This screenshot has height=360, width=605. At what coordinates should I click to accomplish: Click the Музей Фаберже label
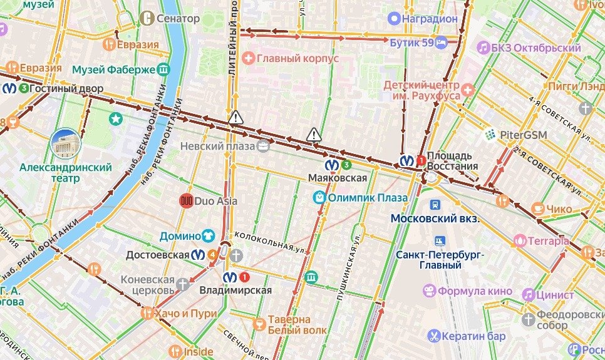coord(113,69)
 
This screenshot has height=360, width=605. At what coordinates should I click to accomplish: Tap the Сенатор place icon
coord(148,18)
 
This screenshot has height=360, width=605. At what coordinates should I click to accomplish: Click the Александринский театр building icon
coord(66,144)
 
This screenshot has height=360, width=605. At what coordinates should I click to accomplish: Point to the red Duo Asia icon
coord(186,201)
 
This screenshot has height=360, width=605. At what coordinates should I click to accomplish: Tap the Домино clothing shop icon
coord(208,236)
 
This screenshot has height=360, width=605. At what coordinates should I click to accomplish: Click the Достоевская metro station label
coord(158,255)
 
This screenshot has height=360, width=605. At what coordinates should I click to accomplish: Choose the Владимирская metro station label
coord(235,290)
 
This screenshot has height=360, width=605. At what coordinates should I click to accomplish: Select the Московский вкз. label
coord(435,219)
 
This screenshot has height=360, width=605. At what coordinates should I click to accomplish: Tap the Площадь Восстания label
coord(452,161)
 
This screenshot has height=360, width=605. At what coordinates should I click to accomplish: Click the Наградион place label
coord(430,19)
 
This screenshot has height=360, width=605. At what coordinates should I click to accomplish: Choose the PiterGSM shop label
coord(515,135)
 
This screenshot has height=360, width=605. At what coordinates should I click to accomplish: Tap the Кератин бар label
coord(473,336)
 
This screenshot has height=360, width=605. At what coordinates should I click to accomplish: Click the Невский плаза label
coord(217,146)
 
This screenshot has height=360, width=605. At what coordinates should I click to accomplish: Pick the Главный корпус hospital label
coord(298,58)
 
